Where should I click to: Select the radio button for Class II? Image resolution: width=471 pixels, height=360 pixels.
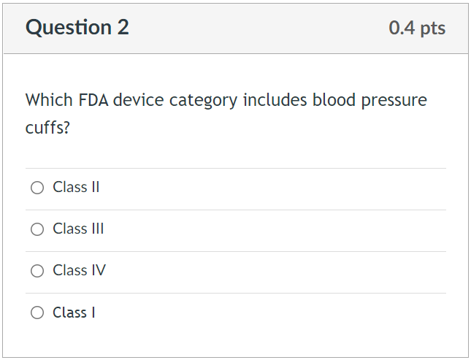[37, 188]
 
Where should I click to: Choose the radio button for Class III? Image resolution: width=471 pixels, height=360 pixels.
[37, 229]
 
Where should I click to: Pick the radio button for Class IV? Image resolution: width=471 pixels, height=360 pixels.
[37, 271]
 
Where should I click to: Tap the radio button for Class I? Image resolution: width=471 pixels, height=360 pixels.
[37, 313]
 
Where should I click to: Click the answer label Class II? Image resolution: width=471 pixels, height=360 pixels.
[76, 188]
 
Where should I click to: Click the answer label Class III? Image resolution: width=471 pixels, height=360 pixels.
[78, 229]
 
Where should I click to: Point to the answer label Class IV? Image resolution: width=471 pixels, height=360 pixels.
[79, 271]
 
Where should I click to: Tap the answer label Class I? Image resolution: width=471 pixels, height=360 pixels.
[74, 313]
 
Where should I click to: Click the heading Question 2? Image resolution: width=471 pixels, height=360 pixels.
[77, 28]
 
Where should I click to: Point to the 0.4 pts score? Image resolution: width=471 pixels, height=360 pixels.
[417, 28]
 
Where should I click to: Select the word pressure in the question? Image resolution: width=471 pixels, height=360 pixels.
[394, 100]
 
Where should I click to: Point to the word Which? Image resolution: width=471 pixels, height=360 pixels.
[47, 100]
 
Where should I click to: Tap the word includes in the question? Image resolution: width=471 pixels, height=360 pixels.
[275, 100]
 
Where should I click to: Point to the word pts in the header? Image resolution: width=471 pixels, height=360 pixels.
[432, 28]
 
